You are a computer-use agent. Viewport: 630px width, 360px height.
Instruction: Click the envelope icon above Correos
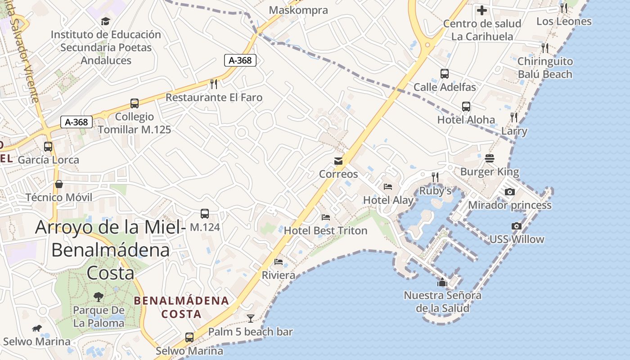338,161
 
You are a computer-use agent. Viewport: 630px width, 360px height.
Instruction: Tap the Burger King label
490,172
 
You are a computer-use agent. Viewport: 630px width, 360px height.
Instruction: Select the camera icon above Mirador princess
510,192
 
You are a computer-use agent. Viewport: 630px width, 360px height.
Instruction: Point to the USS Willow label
517,239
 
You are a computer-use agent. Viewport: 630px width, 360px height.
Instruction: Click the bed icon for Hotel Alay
388,187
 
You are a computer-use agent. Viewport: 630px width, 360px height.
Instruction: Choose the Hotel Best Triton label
325,231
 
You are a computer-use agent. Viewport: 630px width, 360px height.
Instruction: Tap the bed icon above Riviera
279,262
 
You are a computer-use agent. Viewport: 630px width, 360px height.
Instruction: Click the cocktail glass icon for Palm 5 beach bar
251,319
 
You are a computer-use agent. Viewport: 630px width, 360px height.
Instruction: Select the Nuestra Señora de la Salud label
442,302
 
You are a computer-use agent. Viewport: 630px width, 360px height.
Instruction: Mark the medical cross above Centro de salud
482,10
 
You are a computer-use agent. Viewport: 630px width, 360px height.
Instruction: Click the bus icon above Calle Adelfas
445,74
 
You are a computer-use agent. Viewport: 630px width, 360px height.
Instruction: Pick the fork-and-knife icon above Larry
514,117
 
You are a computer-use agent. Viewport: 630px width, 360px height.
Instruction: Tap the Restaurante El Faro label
214,97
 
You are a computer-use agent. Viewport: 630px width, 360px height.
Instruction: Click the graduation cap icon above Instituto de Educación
105,21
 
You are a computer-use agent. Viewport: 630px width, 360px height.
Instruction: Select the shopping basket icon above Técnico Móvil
59,184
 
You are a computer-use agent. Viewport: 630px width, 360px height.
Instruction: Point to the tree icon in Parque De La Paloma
99,297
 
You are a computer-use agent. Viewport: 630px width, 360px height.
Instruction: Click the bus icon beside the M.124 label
205,214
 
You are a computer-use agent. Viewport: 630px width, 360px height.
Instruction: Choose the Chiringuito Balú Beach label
545,68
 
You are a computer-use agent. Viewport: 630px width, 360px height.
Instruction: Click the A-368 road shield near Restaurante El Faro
240,60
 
